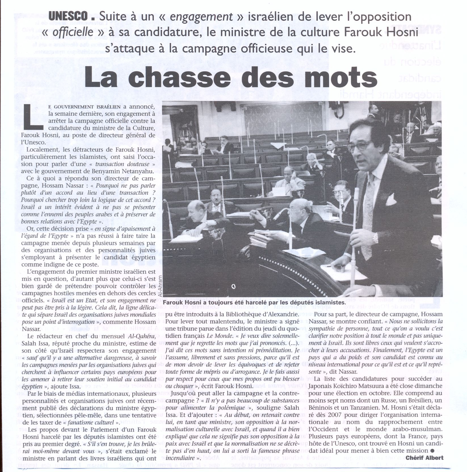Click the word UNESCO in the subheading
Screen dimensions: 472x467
pyautogui.click(x=68, y=16)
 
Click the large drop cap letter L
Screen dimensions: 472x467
pyautogui.click(x=32, y=117)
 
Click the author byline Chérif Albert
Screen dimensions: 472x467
pyautogui.click(x=424, y=458)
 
